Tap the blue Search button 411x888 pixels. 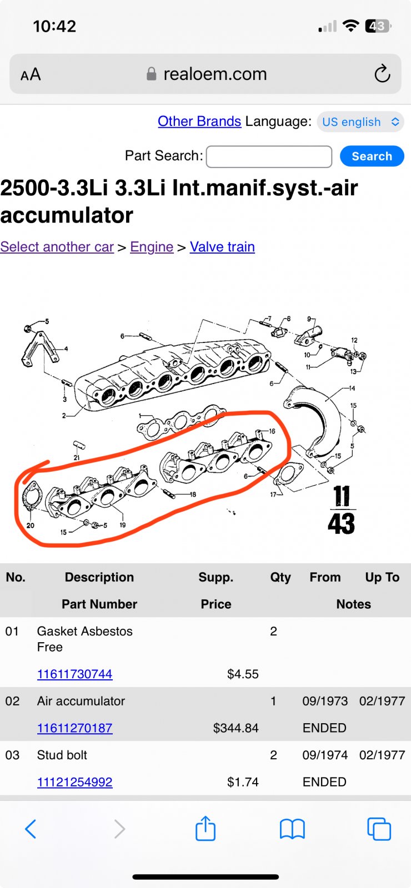(x=372, y=156)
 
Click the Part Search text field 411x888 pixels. (x=269, y=157)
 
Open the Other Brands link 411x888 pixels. (x=199, y=122)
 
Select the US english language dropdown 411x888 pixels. (x=360, y=122)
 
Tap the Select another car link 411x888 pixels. (x=57, y=246)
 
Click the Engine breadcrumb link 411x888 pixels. (x=152, y=246)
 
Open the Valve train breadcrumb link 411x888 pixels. (x=222, y=246)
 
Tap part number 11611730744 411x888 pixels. (x=74, y=674)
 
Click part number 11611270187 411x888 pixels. (x=74, y=728)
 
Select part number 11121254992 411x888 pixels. (x=74, y=782)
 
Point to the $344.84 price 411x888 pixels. (x=235, y=728)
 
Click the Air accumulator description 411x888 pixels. (x=81, y=701)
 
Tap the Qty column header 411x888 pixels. (x=280, y=577)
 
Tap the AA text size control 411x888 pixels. (x=31, y=74)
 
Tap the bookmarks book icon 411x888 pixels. (x=292, y=829)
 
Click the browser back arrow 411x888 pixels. (x=31, y=829)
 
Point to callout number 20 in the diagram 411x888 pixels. (x=30, y=525)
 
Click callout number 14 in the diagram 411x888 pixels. (x=352, y=388)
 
